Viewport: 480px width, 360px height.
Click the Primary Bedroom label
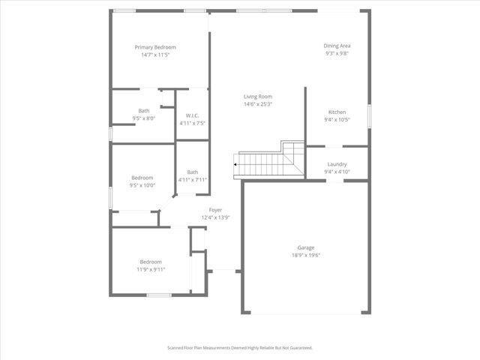155,47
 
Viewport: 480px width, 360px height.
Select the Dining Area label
337,46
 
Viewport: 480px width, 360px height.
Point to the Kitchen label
337,112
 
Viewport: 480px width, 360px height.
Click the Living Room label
257,96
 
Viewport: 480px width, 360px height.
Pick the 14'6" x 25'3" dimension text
257,103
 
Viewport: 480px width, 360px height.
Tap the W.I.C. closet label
192,115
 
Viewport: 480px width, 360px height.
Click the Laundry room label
337,164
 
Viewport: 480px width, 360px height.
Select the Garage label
305,247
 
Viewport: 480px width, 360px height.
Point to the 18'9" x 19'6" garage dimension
305,255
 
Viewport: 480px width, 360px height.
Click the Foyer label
215,210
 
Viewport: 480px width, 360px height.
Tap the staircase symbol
266,160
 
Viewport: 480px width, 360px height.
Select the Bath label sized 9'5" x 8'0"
143,111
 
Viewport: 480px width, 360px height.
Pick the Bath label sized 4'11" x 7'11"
193,172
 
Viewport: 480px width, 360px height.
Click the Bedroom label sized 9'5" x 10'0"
142,178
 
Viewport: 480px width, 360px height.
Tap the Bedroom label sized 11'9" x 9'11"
151,262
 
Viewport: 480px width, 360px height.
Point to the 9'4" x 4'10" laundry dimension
337,172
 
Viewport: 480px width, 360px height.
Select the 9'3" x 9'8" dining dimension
337,53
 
